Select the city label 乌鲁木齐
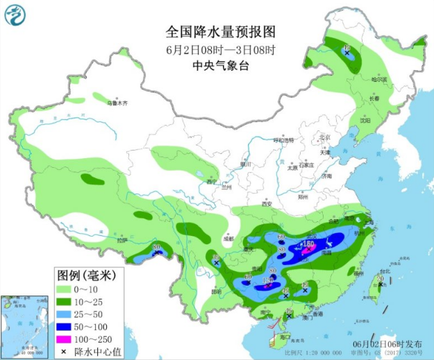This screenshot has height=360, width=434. (x=117, y=103)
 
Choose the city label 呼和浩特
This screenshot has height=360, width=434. (x=283, y=140)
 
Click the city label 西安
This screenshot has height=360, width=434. (x=267, y=204)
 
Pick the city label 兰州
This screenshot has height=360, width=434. (x=226, y=187)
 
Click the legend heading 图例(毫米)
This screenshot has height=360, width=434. (x=86, y=275)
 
